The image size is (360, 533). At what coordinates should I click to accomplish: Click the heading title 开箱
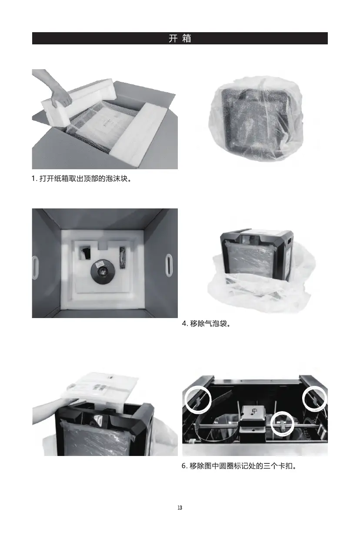click(180, 38)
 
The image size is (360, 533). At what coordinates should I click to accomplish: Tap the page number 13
click(180, 508)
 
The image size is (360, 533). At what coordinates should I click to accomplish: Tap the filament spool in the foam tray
click(103, 271)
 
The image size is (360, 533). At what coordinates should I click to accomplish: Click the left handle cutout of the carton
click(35, 265)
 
